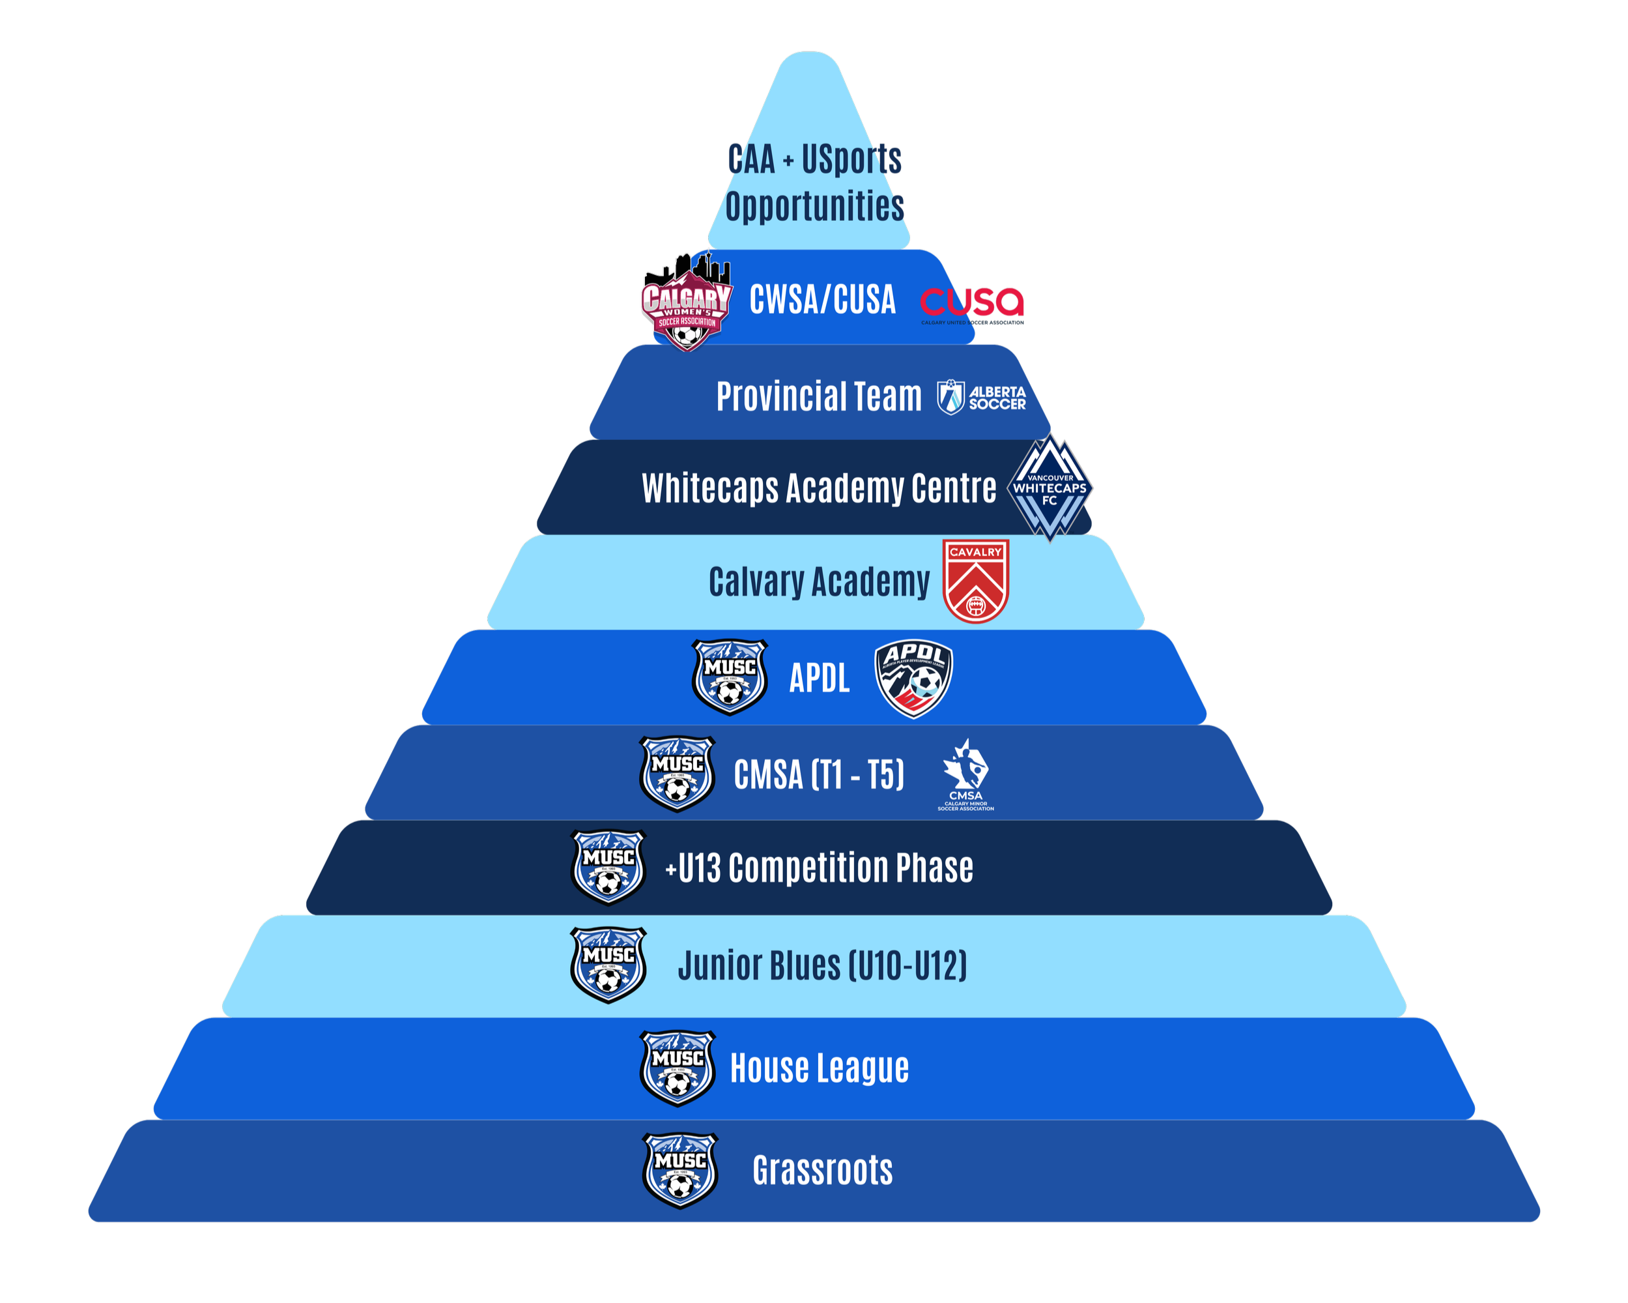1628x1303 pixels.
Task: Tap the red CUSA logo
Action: click(972, 304)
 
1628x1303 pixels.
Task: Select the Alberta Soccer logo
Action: click(981, 398)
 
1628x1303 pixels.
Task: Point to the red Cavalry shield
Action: click(976, 581)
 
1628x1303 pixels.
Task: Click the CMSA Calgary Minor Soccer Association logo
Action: click(965, 774)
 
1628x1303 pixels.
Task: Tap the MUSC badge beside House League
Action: click(678, 1067)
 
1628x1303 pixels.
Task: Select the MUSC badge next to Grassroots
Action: click(679, 1170)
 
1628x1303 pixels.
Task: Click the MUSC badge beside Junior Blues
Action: click(608, 965)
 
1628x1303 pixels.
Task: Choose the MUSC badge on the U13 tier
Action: click(608, 867)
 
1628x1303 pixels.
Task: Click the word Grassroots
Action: click(822, 1170)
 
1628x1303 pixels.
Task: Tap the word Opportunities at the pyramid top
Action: click(815, 206)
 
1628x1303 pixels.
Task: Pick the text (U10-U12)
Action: click(907, 965)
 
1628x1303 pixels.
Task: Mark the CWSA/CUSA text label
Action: click(822, 300)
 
